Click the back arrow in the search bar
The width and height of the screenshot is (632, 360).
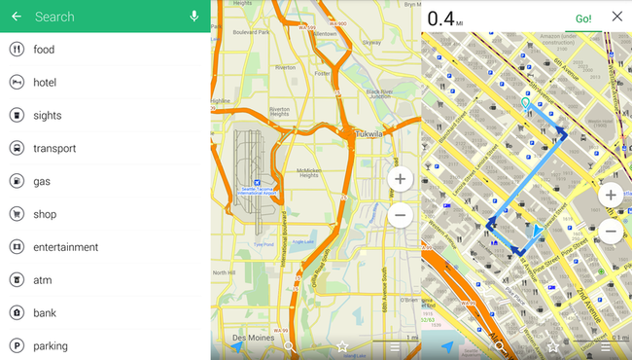tap(17, 17)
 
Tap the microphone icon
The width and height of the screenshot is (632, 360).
tap(194, 17)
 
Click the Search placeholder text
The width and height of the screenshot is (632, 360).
tap(54, 17)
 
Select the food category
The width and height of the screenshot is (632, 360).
tap(44, 50)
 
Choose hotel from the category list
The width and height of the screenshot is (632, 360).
tap(45, 83)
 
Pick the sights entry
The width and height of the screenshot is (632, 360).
tap(47, 116)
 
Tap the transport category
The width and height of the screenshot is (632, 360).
tap(54, 149)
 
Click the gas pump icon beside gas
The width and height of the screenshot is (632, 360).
tap(17, 182)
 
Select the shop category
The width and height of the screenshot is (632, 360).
tap(45, 215)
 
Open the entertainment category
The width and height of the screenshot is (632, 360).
tap(65, 247)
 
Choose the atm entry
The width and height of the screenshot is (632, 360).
tap(43, 280)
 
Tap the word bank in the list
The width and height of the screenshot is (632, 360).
tap(45, 313)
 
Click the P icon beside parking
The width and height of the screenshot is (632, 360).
tap(17, 345)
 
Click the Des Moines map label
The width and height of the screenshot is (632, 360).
tap(252, 338)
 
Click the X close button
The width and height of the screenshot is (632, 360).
tap(616, 17)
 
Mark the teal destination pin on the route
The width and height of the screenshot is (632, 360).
tap(526, 103)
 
